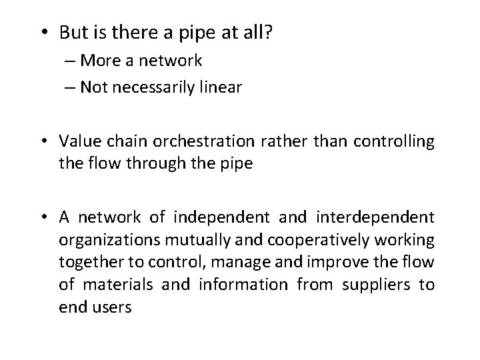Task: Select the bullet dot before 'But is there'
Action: (x=45, y=32)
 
